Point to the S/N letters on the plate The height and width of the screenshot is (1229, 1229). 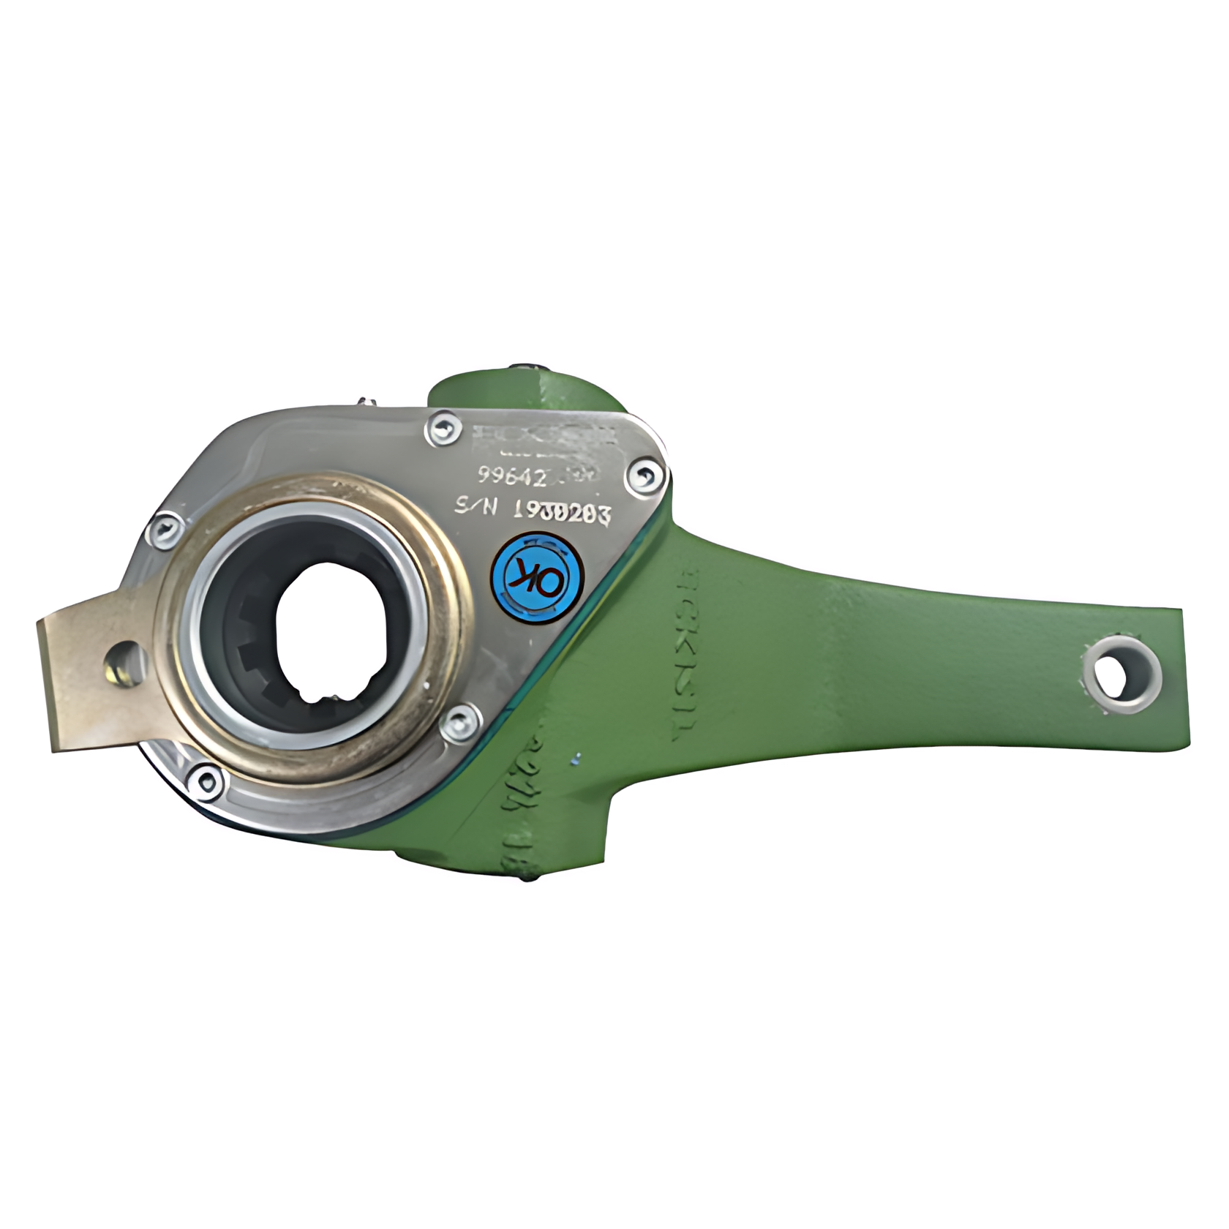[475, 507]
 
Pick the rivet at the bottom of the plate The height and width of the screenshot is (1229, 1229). [206, 781]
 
